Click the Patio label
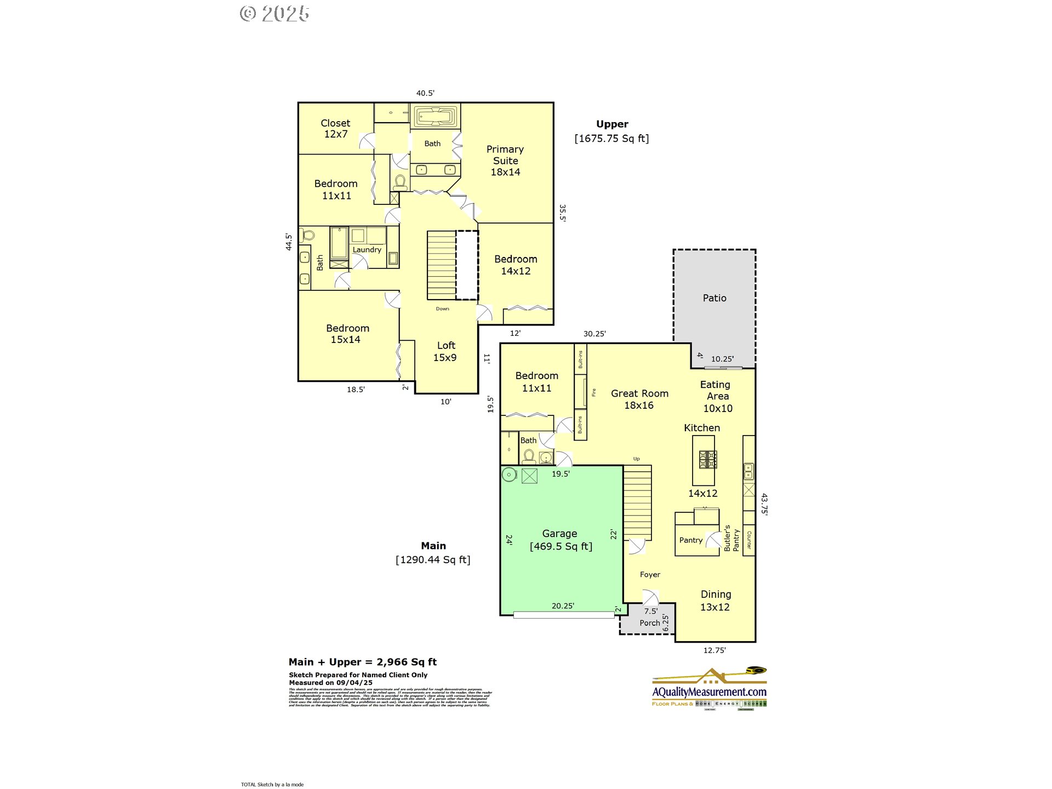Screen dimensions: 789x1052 714,298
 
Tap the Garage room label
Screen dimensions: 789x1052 560,539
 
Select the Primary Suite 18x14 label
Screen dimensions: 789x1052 505,161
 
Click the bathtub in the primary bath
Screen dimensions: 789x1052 436,116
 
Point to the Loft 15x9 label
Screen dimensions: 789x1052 445,351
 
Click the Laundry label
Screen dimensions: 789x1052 367,250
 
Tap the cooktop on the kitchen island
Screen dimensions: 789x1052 708,459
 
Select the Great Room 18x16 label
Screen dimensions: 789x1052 639,399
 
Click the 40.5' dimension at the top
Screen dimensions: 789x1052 425,93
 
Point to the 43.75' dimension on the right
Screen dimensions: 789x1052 764,504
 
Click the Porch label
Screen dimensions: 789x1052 650,623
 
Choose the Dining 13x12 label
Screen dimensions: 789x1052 715,601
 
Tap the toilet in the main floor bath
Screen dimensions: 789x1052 529,456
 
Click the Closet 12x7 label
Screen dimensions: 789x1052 335,129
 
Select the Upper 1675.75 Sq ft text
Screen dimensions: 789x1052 611,131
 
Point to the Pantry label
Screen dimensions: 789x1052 690,540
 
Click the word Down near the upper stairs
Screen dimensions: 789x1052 443,309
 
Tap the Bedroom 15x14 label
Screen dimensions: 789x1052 347,334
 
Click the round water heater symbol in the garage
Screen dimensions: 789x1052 509,475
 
